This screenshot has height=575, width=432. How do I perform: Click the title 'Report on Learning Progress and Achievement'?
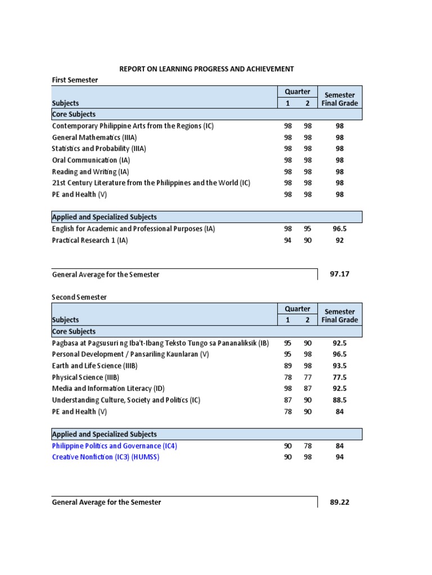click(x=206, y=69)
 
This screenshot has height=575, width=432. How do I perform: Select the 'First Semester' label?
click(x=75, y=80)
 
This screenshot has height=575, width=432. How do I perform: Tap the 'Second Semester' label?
click(x=79, y=296)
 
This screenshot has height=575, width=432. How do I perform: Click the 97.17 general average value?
click(x=340, y=275)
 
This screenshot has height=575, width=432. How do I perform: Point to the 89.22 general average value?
click(x=340, y=502)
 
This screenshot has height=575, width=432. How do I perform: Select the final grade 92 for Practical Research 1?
click(x=340, y=240)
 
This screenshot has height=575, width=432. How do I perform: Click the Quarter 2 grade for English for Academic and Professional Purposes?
click(x=308, y=229)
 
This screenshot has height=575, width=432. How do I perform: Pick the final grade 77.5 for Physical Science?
click(x=340, y=377)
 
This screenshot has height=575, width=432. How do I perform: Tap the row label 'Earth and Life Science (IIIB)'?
click(x=94, y=366)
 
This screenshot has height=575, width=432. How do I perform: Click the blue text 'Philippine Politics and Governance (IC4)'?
click(x=118, y=446)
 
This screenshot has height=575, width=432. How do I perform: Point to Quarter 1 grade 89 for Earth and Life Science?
click(x=288, y=366)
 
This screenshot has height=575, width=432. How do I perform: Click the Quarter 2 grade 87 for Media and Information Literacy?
click(x=308, y=389)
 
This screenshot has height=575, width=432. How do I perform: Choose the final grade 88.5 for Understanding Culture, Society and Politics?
click(x=340, y=400)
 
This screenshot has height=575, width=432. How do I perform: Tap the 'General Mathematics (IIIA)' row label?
click(x=94, y=137)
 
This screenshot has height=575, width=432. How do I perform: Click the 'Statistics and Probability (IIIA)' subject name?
click(x=99, y=149)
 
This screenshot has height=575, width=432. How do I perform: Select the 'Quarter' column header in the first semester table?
click(x=298, y=92)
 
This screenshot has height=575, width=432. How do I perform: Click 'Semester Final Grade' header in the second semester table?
click(x=340, y=316)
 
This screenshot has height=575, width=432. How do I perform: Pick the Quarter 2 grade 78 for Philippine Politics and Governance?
click(x=308, y=446)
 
